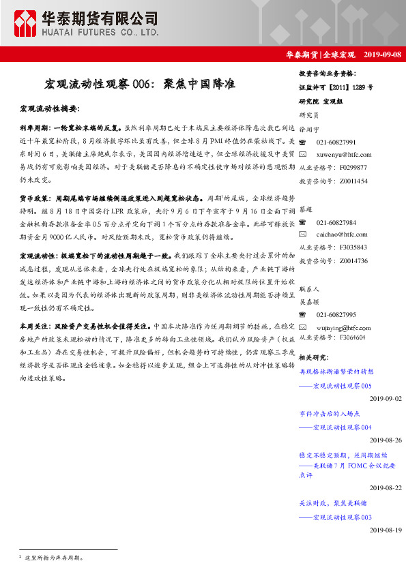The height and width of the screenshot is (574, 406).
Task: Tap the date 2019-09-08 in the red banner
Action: [383, 54]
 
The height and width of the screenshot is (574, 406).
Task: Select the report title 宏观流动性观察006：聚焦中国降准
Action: [140, 84]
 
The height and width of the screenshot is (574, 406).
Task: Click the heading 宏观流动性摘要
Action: [50, 108]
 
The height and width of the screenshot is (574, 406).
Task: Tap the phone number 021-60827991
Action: [336, 142]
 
